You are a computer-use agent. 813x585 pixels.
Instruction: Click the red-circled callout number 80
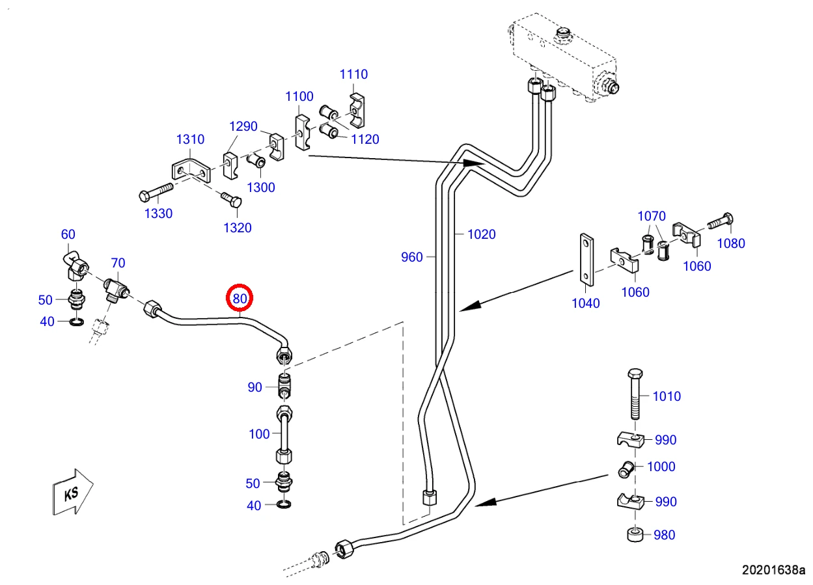(x=240, y=298)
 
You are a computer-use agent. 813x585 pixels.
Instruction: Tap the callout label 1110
(x=353, y=74)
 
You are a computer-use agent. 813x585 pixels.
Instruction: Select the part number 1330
(x=158, y=213)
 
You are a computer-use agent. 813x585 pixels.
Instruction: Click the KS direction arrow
(x=73, y=492)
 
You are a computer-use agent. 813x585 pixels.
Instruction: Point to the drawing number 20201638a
(x=773, y=570)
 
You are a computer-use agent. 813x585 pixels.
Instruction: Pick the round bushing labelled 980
(x=635, y=535)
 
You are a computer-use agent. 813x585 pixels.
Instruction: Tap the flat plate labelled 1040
(x=586, y=260)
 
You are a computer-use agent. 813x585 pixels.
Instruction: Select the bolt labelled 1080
(x=721, y=221)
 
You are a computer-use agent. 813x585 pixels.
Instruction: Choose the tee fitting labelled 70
(x=116, y=289)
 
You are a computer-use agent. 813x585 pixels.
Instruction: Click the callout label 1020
(x=481, y=234)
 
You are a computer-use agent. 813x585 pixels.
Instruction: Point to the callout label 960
(x=411, y=257)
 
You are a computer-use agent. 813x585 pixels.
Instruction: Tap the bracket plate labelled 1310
(x=191, y=170)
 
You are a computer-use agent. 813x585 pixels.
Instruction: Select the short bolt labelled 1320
(x=232, y=199)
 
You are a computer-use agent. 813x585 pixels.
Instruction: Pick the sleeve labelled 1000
(x=626, y=469)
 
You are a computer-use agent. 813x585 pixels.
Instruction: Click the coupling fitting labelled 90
(x=284, y=385)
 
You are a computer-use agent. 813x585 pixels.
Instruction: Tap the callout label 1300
(x=260, y=187)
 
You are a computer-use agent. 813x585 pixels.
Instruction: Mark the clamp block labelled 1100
(x=302, y=132)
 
